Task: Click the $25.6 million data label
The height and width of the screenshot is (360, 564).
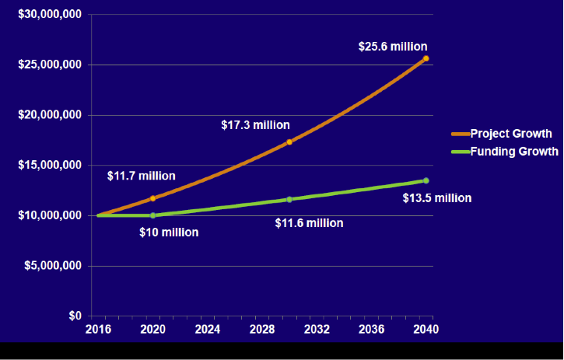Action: click(393, 47)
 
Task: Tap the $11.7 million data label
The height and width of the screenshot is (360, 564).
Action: click(141, 176)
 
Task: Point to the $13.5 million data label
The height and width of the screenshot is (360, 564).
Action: click(436, 198)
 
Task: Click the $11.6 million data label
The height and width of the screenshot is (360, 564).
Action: click(309, 223)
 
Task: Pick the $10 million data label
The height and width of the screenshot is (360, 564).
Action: click(169, 232)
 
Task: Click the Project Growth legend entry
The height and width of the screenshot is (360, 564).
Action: click(510, 134)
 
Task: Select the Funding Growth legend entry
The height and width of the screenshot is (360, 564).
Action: click(513, 152)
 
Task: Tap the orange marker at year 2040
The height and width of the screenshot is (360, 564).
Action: click(426, 58)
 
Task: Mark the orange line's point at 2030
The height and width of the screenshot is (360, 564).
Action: click(289, 142)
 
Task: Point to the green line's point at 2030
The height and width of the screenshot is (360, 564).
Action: click(289, 199)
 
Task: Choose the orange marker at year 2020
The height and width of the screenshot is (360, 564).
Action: click(152, 198)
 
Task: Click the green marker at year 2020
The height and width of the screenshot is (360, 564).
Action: click(152, 215)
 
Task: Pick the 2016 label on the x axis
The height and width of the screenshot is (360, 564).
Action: click(98, 330)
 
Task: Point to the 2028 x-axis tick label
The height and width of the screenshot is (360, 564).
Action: click(262, 330)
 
